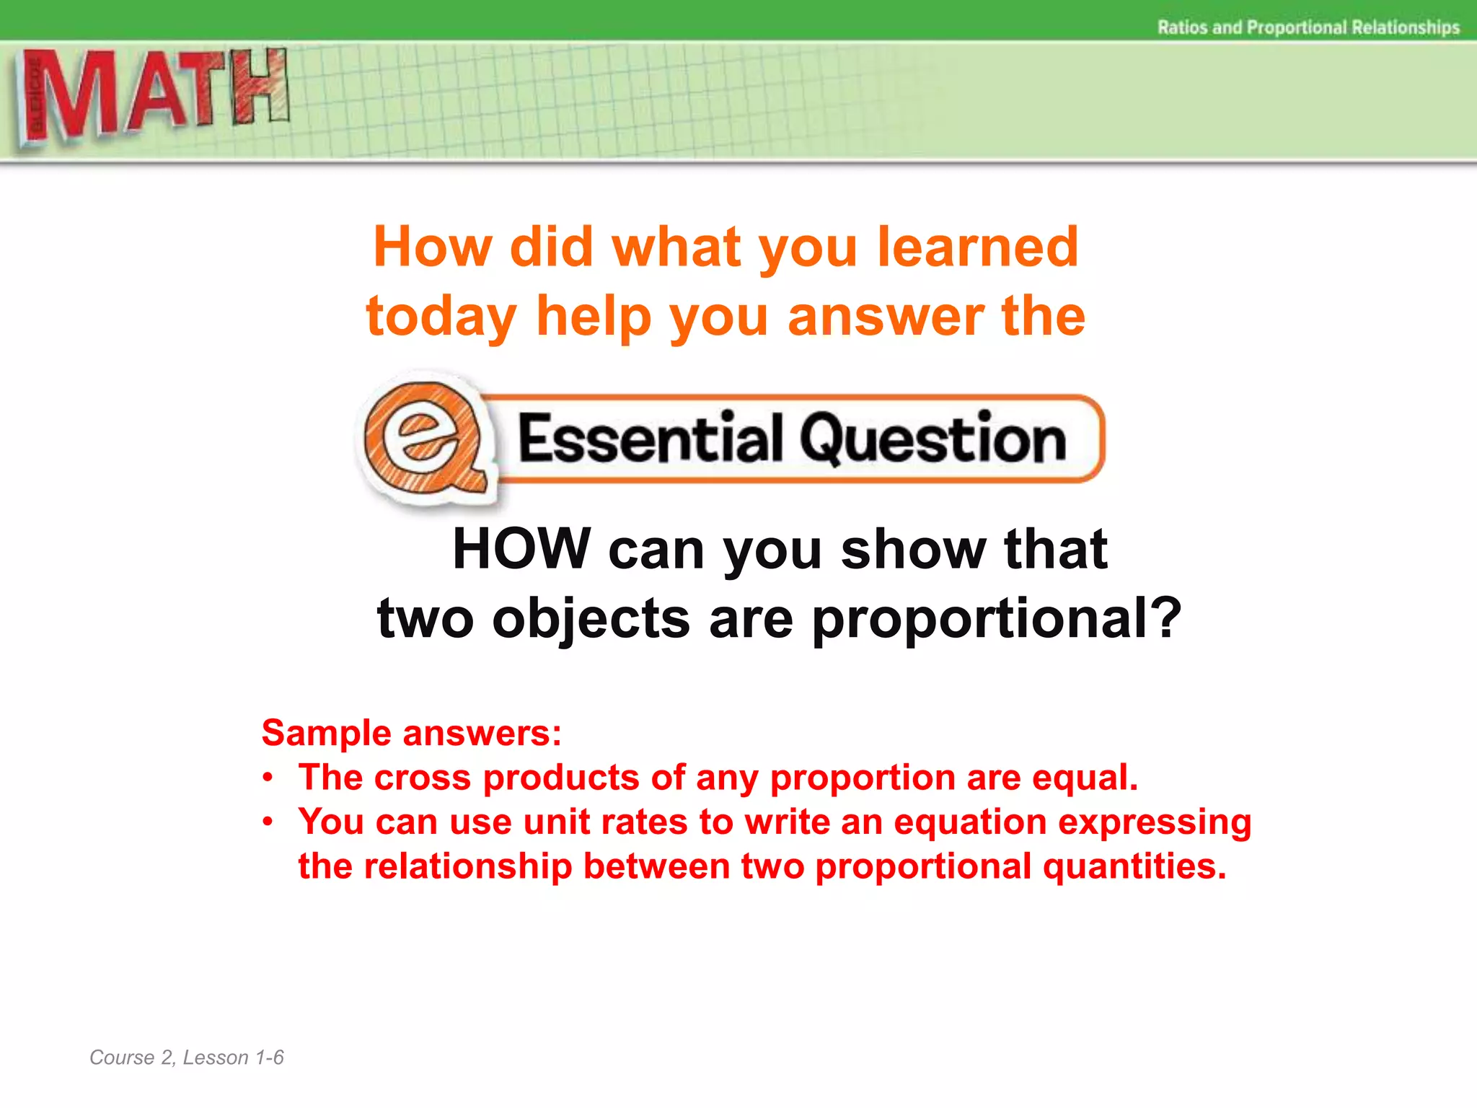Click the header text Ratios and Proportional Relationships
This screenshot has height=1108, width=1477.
[x=1308, y=27]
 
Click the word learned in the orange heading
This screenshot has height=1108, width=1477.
[x=977, y=247]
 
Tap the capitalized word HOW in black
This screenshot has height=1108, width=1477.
[x=521, y=550]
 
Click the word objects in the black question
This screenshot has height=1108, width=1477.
[x=591, y=619]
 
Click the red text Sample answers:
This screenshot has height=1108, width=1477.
[x=411, y=733]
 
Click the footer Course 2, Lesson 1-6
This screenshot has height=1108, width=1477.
[x=187, y=1058]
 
